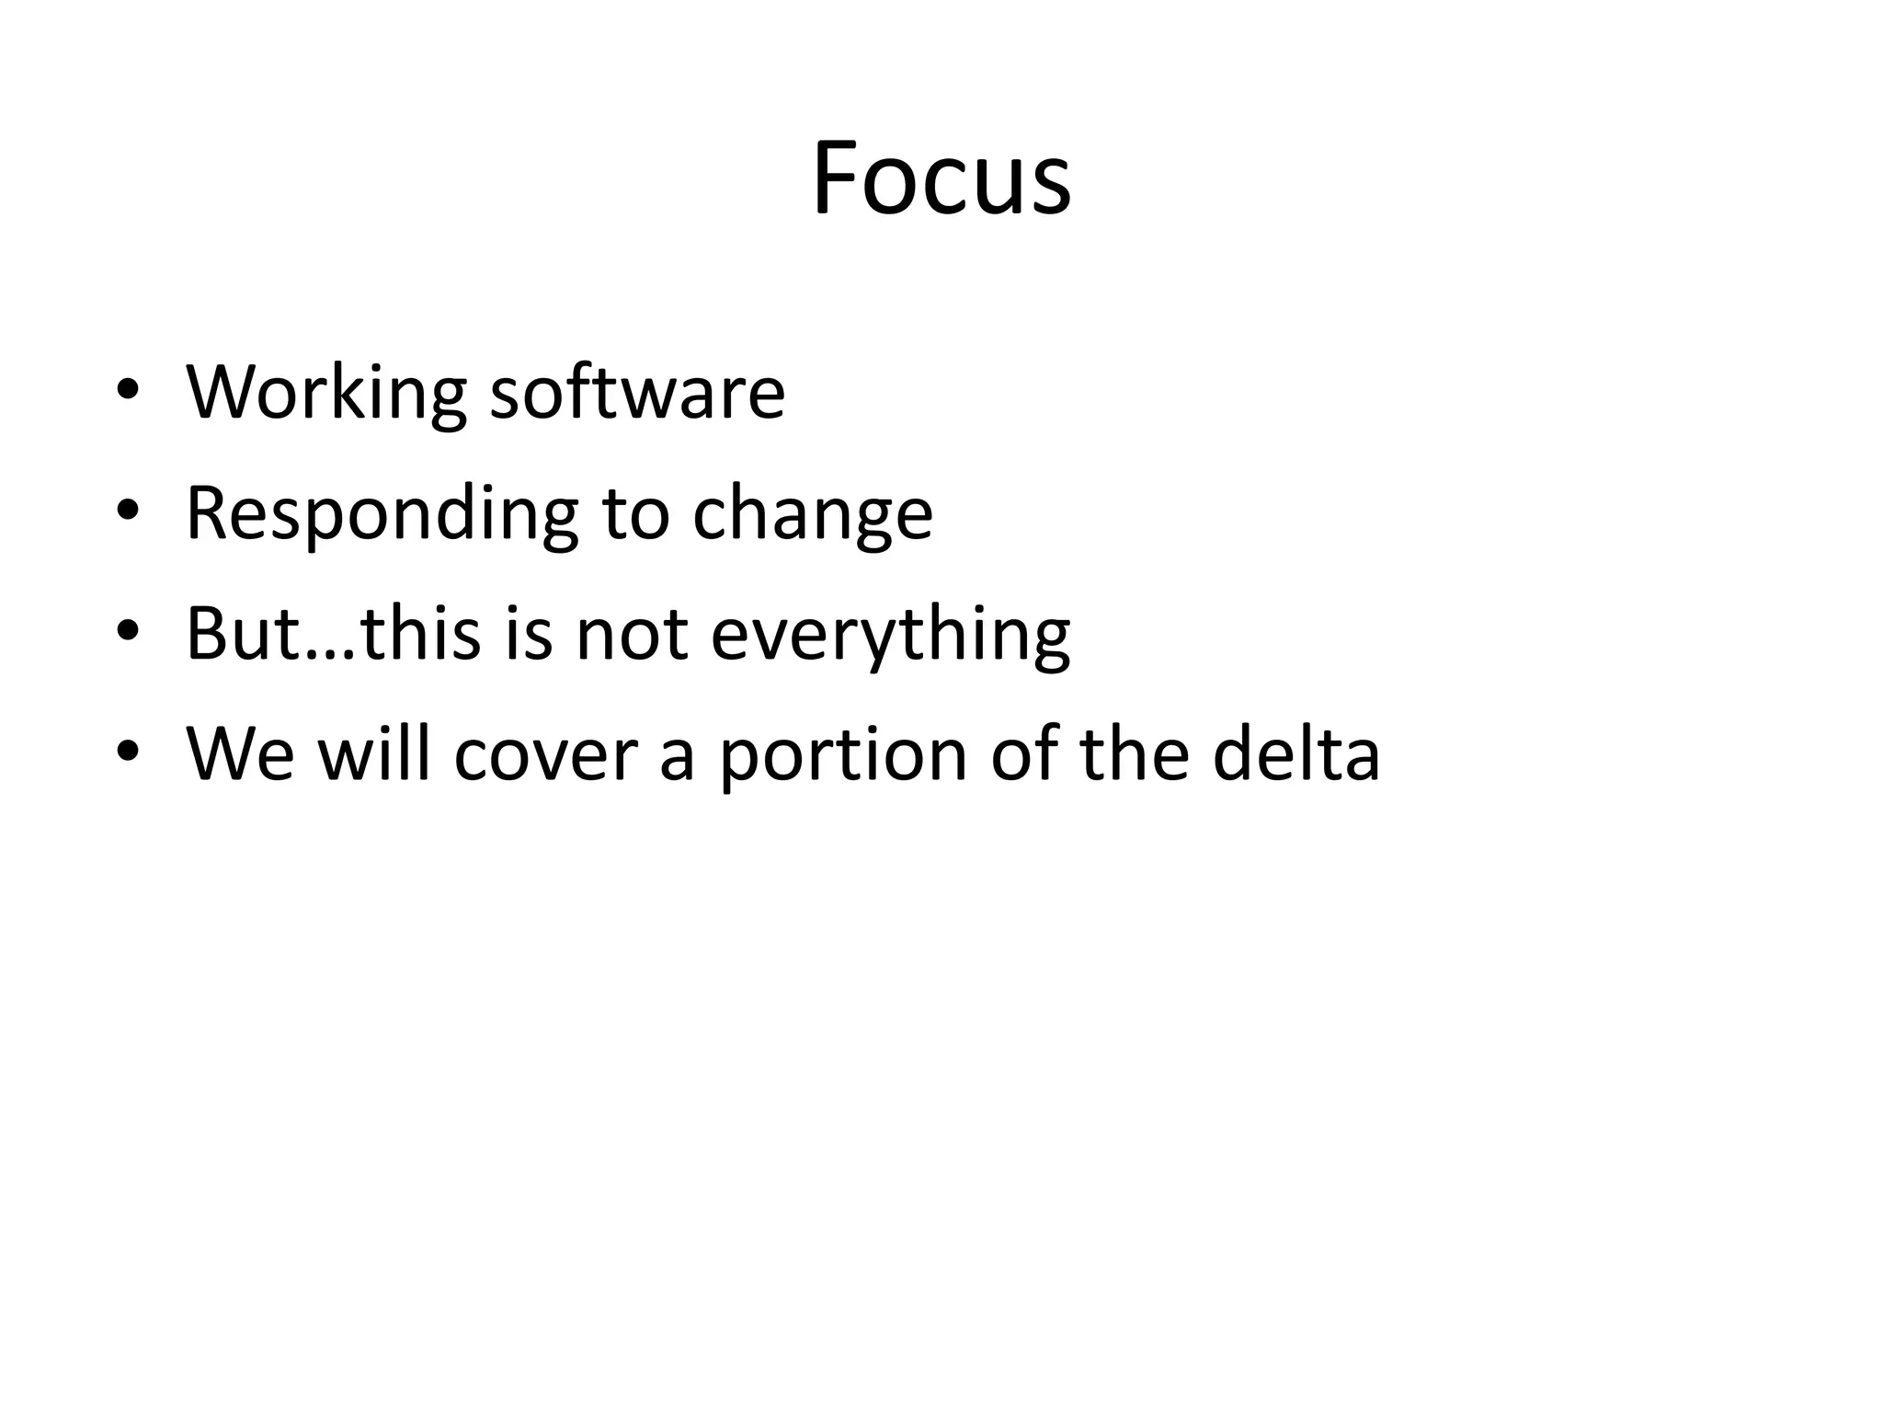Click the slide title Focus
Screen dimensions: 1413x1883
(x=941, y=178)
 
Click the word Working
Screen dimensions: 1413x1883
(x=326, y=393)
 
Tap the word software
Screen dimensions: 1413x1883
(x=637, y=393)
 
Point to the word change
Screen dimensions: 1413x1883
(x=812, y=514)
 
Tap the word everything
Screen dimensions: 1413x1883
(x=890, y=634)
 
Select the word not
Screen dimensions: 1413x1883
(x=632, y=634)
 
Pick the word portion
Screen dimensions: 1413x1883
(x=842, y=754)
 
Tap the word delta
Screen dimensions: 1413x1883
(x=1295, y=754)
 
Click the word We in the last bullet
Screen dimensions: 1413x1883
(x=241, y=754)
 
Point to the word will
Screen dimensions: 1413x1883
(x=374, y=754)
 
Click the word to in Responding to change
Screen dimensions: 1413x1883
(x=635, y=514)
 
